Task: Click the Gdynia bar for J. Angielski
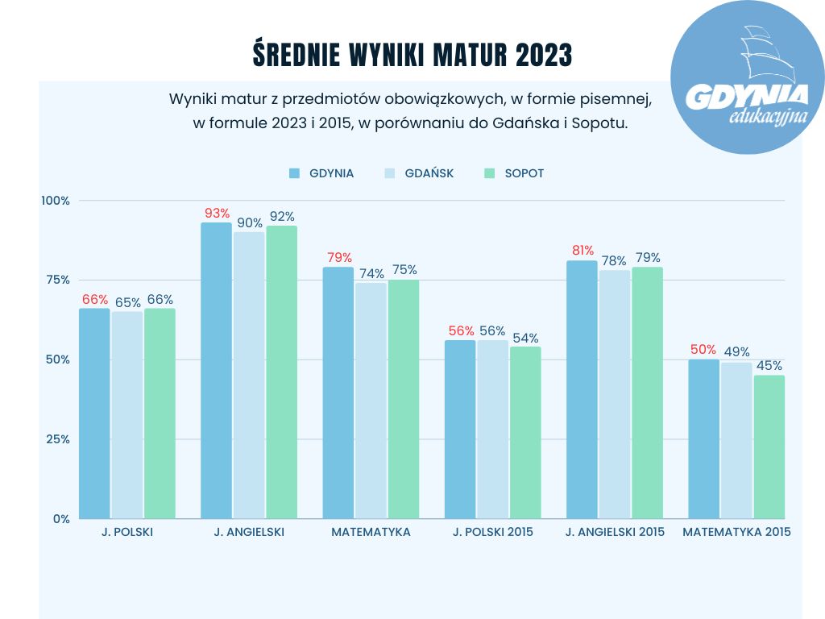pos(216,371)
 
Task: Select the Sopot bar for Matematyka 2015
pos(769,447)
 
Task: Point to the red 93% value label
pos(217,214)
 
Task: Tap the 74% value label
pos(371,273)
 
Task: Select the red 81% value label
pos(582,250)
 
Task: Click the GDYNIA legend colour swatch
pos(294,173)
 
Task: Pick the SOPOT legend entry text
pos(524,173)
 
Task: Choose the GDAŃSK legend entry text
pos(429,173)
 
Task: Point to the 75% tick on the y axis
pos(57,280)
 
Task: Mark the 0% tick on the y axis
pos(61,518)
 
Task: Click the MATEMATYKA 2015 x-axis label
pos(736,532)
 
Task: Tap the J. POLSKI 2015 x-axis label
pos(492,532)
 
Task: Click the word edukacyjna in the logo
pos(768,118)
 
